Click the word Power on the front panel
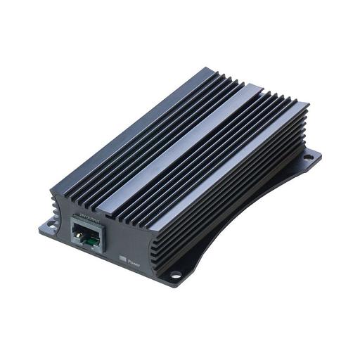[x=134, y=264]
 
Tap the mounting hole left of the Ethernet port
[x=50, y=226]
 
